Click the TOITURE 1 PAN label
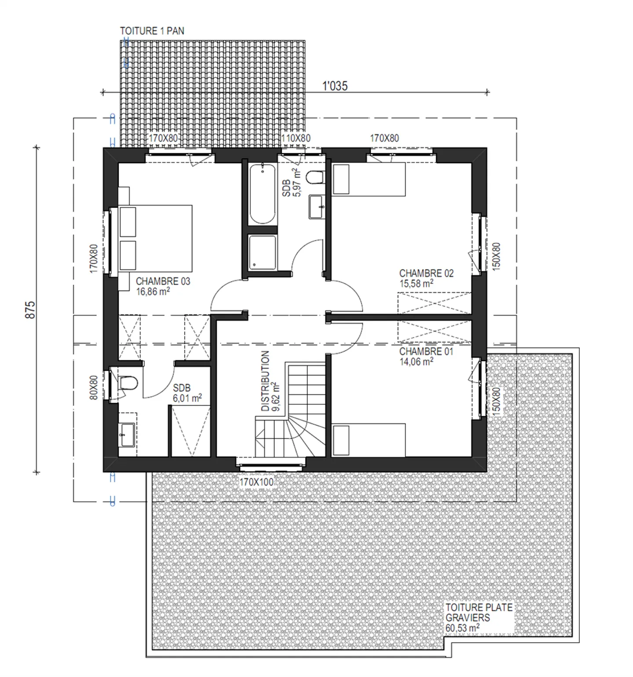click(x=152, y=31)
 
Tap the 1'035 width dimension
click(x=335, y=86)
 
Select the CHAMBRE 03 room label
click(x=163, y=281)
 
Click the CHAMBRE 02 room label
click(x=426, y=273)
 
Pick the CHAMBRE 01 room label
click(x=426, y=351)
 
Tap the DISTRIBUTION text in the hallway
click(x=265, y=381)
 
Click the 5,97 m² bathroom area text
click(x=297, y=182)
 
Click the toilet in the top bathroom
click(x=315, y=178)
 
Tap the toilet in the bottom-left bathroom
click(x=128, y=383)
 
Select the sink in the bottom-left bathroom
click(x=127, y=434)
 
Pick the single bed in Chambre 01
click(x=368, y=440)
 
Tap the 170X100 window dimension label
click(x=256, y=482)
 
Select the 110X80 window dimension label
click(x=296, y=138)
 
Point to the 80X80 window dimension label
click(x=94, y=387)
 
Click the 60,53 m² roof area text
click(x=462, y=628)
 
